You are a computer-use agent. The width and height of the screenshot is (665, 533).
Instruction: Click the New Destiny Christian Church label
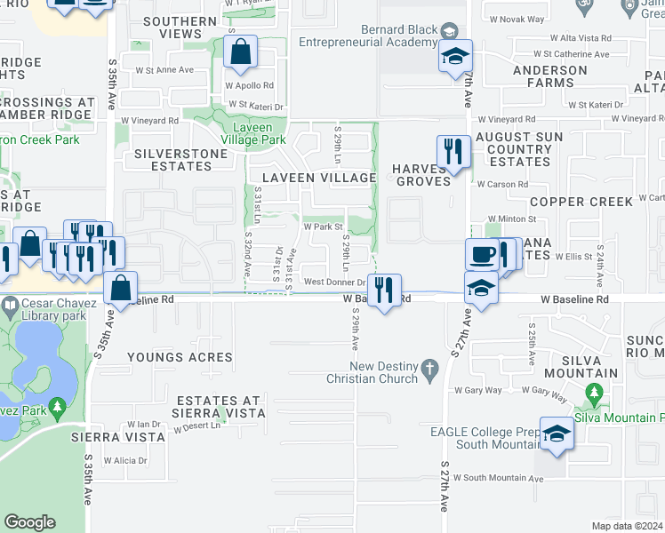383,372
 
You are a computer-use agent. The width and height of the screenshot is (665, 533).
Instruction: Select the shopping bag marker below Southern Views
241,54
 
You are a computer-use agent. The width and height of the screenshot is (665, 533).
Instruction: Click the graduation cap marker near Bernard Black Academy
455,58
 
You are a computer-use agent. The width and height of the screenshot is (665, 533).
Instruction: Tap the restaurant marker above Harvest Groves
453,152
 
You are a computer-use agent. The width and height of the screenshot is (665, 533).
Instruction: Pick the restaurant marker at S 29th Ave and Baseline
384,290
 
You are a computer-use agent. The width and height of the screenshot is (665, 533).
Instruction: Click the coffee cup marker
482,255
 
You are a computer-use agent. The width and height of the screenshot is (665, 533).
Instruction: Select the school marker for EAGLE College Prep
556,434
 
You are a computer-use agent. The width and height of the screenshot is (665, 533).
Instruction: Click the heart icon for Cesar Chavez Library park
9,307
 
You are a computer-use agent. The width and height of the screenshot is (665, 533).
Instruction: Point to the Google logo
29,522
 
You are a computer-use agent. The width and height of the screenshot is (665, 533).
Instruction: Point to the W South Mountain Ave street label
498,478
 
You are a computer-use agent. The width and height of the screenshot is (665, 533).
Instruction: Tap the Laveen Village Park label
253,133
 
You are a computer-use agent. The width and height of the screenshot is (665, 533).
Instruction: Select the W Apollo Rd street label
249,86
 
